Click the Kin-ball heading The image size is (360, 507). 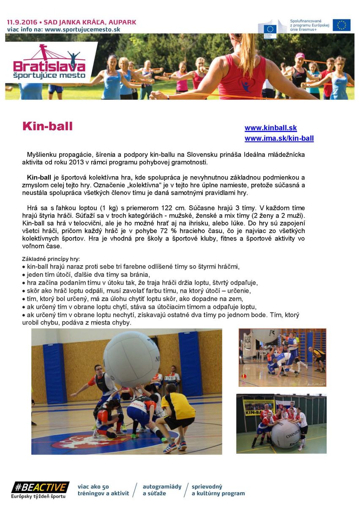tap(47, 126)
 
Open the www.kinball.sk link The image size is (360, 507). tap(270, 128)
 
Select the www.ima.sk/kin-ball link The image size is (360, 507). tap(279, 138)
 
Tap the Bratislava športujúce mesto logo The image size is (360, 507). tap(50, 63)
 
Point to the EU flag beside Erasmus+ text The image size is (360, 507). tap(341, 25)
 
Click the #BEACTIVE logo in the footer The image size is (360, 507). tap(40, 488)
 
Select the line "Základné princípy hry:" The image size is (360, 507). tap(51, 259)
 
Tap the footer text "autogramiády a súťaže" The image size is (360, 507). tap(162, 490)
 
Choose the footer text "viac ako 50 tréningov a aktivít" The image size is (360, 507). tap(103, 490)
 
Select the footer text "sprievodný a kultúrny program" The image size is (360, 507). tap(218, 490)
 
